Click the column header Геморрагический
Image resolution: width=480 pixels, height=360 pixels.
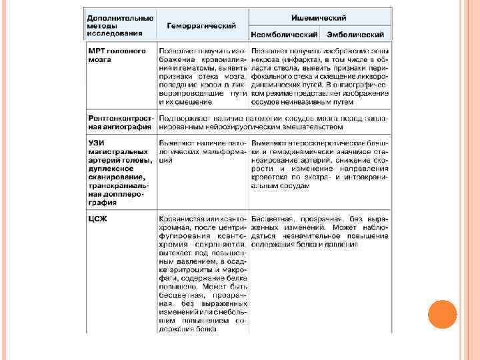click(201, 25)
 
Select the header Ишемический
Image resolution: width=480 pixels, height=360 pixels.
click(321, 16)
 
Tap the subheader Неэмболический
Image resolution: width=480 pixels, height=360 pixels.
click(284, 34)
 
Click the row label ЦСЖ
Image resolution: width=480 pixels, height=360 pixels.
click(99, 218)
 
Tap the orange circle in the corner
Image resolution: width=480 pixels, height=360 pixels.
click(441, 314)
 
